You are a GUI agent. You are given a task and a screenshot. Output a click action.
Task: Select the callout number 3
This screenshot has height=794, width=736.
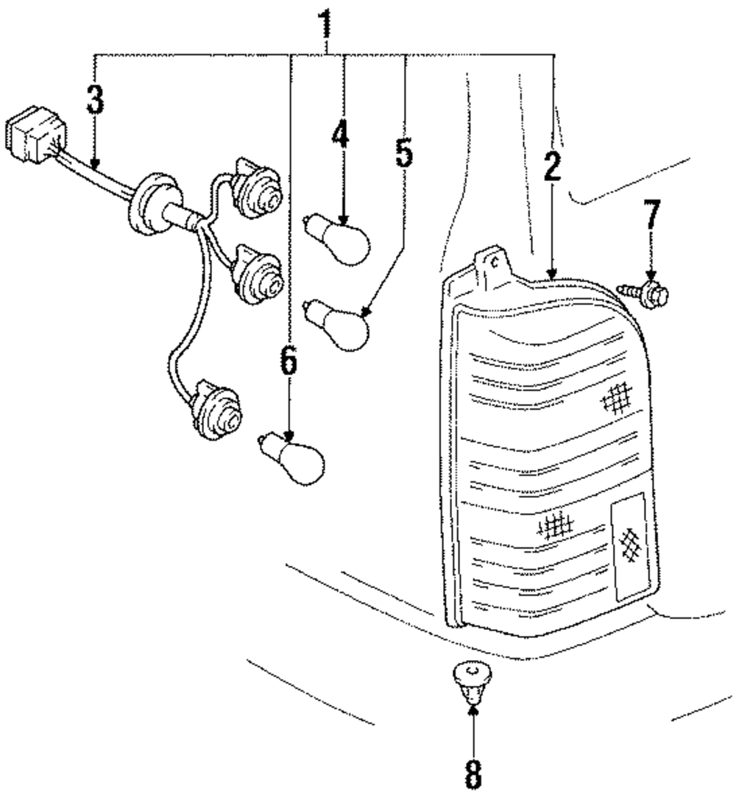click(x=94, y=99)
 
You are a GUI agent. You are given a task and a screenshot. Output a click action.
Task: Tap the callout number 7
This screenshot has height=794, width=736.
click(x=652, y=213)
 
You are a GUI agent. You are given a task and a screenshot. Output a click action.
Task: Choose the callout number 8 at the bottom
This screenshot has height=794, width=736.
click(x=473, y=772)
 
